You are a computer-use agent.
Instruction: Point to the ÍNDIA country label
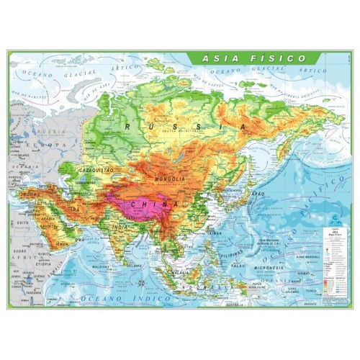pos(120,229)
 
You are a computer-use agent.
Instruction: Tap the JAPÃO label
pos(257,194)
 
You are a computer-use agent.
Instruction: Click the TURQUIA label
pos(29,194)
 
